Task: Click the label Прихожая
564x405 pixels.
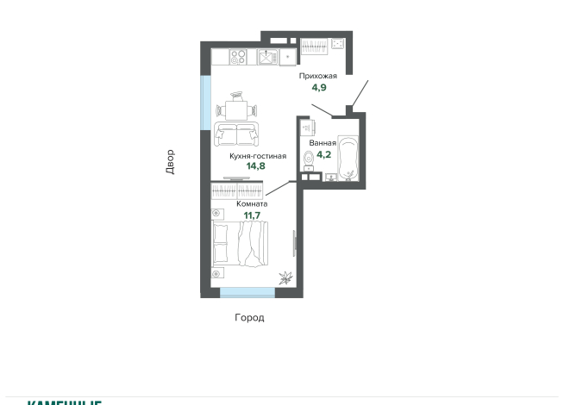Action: click(317, 76)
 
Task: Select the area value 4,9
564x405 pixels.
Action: click(318, 87)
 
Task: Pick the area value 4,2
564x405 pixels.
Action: click(323, 155)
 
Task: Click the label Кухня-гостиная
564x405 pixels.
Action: click(257, 156)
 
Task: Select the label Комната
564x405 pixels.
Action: click(252, 204)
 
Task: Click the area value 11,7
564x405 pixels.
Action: click(252, 215)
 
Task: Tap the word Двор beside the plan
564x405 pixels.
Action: click(170, 162)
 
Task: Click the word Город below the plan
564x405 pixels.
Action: click(249, 318)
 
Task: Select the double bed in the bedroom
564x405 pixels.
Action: click(241, 245)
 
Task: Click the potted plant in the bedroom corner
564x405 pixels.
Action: click(284, 277)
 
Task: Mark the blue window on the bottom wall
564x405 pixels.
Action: click(247, 293)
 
